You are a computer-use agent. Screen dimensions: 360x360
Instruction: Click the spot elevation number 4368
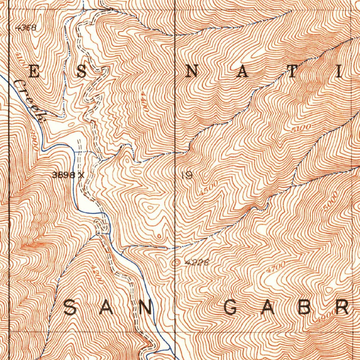[x=26, y=28]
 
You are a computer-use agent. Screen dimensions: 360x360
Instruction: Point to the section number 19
[x=187, y=175]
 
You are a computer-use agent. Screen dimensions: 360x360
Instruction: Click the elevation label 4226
[x=197, y=262]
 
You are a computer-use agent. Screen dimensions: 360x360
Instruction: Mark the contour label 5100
[x=301, y=128]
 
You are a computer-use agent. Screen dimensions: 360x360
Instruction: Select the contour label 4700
[x=276, y=267]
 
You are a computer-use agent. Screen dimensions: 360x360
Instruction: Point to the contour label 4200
[x=96, y=274]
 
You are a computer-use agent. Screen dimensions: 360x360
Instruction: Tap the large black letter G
[x=231, y=308]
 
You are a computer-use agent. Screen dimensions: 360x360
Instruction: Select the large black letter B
[x=305, y=308]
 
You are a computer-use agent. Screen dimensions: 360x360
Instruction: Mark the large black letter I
[x=340, y=72]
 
